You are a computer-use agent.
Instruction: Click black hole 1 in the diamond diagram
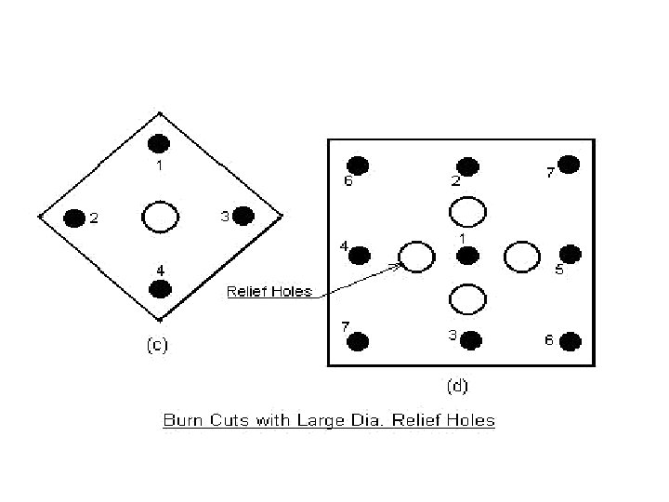tap(159, 143)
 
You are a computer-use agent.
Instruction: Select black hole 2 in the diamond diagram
tap(74, 218)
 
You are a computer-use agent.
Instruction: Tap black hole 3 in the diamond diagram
tap(243, 216)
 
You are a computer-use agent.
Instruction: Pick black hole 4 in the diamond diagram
tap(161, 287)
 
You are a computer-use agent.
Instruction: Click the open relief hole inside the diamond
tap(160, 217)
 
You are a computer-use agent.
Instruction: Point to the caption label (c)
tap(157, 346)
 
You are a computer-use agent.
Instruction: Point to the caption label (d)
tap(457, 382)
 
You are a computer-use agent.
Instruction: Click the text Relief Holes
tap(269, 292)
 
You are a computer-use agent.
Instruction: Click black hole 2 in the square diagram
tap(468, 166)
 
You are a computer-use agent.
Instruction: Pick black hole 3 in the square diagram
tap(471, 340)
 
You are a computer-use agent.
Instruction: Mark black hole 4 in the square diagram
tap(360, 255)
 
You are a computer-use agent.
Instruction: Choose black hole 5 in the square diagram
tap(571, 254)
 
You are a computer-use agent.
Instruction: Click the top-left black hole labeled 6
tap(359, 165)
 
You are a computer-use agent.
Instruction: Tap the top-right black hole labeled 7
tap(570, 165)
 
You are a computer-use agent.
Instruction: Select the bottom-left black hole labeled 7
tap(359, 341)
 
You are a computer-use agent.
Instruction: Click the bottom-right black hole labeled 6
tap(571, 341)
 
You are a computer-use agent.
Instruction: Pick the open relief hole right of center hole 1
tap(522, 256)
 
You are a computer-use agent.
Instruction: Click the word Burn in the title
tap(182, 420)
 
